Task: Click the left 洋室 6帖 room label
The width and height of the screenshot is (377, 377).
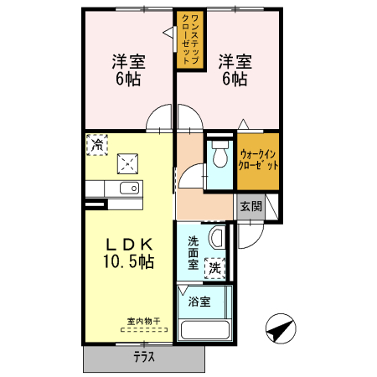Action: (128, 70)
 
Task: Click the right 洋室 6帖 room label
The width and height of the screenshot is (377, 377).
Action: (233, 70)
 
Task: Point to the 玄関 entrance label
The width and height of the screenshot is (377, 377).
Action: (250, 206)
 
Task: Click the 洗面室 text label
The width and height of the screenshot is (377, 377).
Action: (193, 252)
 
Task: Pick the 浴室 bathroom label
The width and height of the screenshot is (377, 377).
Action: (199, 301)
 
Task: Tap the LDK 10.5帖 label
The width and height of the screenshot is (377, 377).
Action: (128, 252)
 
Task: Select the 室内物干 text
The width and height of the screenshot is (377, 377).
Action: (143, 321)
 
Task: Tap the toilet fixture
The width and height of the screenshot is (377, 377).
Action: (219, 156)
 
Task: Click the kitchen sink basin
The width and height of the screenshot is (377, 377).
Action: (127, 188)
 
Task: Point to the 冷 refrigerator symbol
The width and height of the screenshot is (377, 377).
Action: (98, 145)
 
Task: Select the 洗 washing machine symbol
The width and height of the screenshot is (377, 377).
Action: (215, 268)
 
